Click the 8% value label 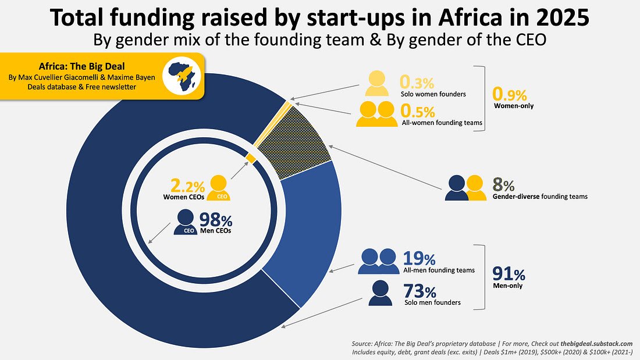[x=504, y=186]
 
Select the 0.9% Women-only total [x=509, y=93]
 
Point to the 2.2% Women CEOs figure [x=187, y=186]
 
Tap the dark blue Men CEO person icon [x=186, y=222]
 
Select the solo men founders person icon [x=380, y=293]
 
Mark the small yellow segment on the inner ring [x=251, y=158]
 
